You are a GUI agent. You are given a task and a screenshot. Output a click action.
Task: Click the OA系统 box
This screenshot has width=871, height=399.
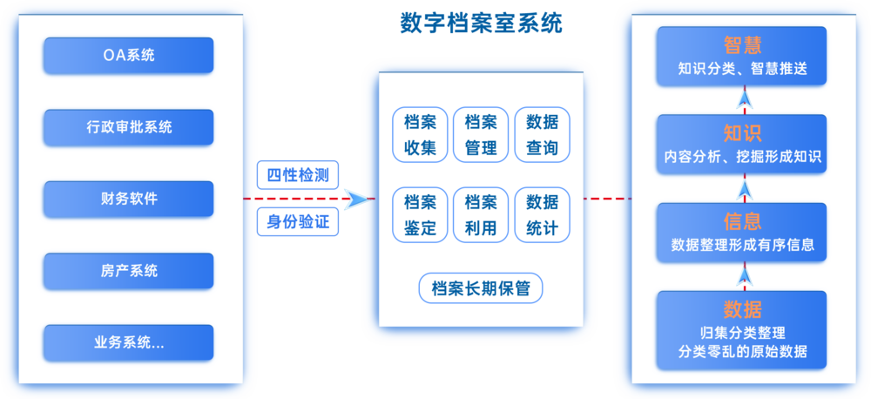tap(128, 56)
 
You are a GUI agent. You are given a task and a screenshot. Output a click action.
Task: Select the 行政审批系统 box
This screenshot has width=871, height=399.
tap(128, 127)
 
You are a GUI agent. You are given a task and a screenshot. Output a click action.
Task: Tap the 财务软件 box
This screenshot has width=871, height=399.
tap(128, 199)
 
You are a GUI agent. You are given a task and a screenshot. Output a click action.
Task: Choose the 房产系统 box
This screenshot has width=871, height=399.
tap(128, 271)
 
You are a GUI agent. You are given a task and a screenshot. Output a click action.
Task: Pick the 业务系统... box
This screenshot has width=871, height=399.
tap(128, 342)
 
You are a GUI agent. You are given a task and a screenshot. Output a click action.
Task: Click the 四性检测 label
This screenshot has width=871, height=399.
tap(297, 175)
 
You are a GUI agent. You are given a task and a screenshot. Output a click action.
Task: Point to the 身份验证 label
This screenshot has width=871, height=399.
tap(297, 222)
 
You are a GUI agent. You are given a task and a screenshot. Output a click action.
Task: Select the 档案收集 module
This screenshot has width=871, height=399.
tap(420, 135)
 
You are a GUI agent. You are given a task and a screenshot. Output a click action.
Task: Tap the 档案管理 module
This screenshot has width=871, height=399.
tap(481, 135)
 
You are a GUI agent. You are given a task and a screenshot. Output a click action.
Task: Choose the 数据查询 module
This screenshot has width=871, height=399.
tap(542, 135)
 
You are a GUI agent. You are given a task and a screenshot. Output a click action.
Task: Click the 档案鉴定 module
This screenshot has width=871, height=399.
tap(420, 215)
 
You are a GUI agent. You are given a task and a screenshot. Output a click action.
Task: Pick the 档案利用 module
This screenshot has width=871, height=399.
tap(481, 215)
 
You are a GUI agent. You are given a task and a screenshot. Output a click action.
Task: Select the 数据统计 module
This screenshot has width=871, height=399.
tap(542, 215)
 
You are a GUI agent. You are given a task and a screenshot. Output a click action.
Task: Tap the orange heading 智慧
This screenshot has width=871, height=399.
tap(742, 45)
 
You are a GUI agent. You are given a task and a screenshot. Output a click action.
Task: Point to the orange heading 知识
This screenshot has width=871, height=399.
tap(742, 133)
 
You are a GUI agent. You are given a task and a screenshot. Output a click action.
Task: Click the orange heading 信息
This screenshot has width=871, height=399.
tap(742, 221)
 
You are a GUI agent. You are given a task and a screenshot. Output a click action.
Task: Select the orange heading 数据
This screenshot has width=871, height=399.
tap(742, 309)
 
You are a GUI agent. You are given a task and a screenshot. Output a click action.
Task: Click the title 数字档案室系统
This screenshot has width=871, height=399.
tap(481, 23)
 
